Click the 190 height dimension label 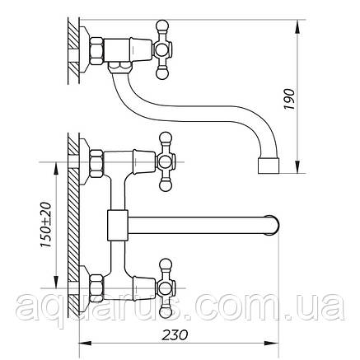[289, 99]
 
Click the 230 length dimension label [175, 335]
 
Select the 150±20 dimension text [46, 225]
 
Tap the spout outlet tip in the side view [269, 166]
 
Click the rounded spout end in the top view [273, 226]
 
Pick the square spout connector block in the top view [118, 225]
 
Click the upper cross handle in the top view [165, 161]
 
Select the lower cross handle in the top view [165, 288]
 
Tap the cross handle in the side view [162, 49]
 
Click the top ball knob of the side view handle [161, 26]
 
